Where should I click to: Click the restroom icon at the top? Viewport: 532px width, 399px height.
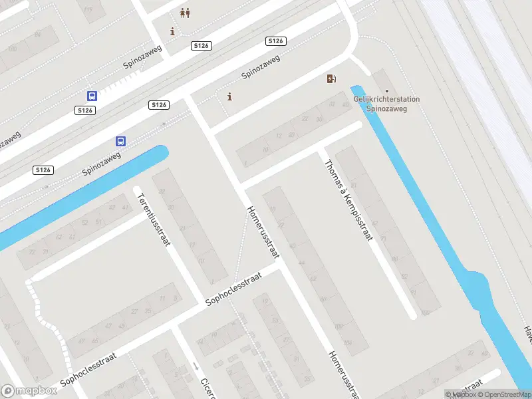(x=185, y=13)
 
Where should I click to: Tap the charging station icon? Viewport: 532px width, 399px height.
(x=331, y=79)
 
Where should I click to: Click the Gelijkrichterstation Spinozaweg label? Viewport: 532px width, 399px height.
(x=386, y=104)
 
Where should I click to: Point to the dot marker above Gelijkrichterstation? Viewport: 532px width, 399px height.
(x=387, y=91)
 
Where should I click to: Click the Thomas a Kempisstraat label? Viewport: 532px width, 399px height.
(x=348, y=200)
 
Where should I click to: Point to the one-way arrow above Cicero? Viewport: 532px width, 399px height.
(x=196, y=366)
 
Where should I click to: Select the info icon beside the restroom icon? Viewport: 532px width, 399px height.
(x=173, y=31)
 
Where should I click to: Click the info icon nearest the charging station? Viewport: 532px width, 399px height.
(x=230, y=96)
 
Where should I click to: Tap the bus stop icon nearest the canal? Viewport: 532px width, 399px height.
(x=121, y=141)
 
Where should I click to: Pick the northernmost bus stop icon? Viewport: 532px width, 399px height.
(x=92, y=96)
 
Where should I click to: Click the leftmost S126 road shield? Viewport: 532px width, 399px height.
(x=43, y=170)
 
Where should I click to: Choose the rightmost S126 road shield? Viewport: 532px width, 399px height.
(x=276, y=41)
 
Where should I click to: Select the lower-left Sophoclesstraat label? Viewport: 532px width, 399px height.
(x=88, y=370)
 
